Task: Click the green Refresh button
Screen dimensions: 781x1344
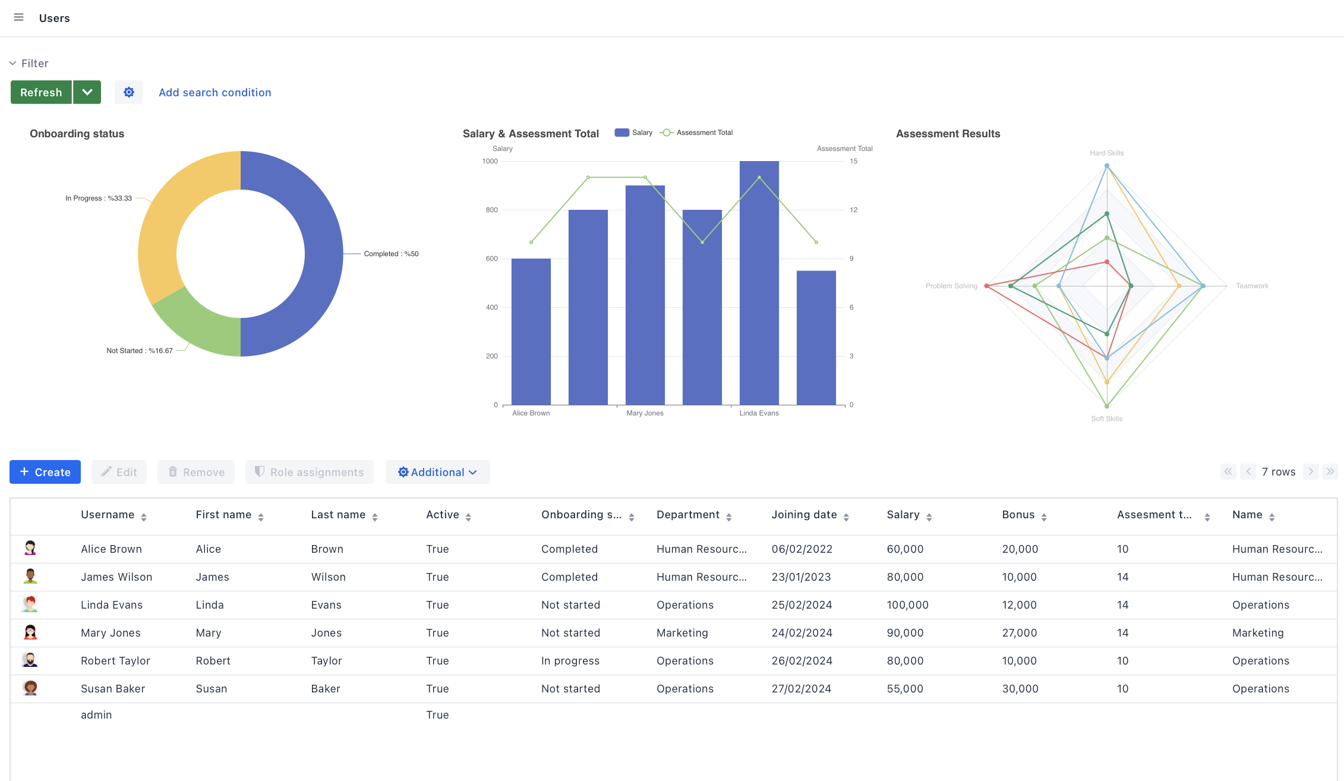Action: pos(41,92)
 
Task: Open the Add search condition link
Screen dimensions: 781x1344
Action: pos(214,92)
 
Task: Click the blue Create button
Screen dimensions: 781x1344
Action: pos(45,472)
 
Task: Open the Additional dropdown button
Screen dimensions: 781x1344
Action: pos(437,472)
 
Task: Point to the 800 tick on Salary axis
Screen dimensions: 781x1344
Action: pos(491,210)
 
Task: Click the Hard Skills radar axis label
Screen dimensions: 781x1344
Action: pos(1106,153)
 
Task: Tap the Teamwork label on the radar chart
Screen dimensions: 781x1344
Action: pos(1252,286)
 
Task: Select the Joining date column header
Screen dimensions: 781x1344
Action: pos(804,515)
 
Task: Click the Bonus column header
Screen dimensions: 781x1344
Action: pos(1018,515)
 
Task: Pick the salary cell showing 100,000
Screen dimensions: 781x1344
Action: pos(907,605)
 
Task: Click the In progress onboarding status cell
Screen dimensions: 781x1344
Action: pos(570,661)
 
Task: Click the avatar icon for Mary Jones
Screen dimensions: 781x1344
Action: pos(30,632)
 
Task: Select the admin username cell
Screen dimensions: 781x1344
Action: pos(96,715)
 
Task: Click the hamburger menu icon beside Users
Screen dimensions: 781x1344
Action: pos(19,18)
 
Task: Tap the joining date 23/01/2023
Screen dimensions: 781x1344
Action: pos(801,577)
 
